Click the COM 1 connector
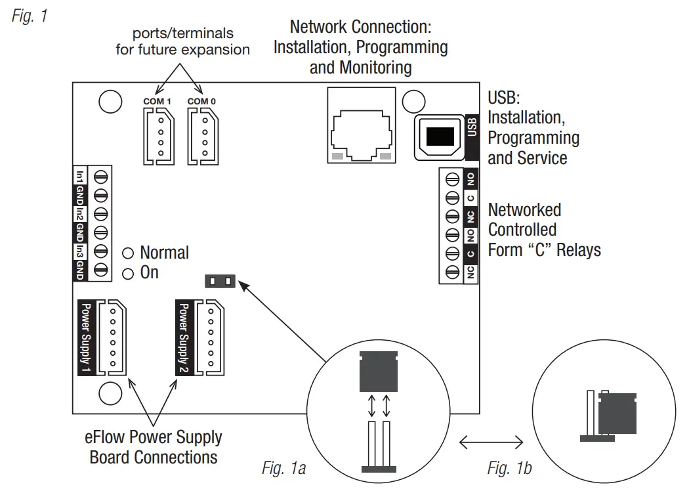coord(157,136)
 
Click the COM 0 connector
coord(202,136)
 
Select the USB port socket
coord(439,137)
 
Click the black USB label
coord(471,127)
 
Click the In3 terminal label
coord(79,251)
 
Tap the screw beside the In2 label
coord(100,214)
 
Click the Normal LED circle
coord(128,253)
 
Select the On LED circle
coord(128,272)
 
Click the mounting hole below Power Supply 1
coord(110,395)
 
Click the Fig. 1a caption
coord(283,468)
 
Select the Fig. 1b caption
coord(509,468)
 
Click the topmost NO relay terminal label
coord(470,179)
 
